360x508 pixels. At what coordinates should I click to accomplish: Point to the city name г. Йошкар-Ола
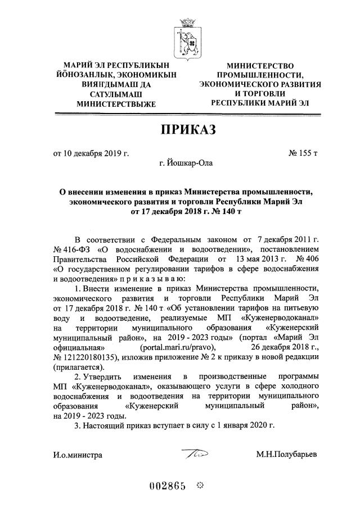(x=186, y=165)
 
